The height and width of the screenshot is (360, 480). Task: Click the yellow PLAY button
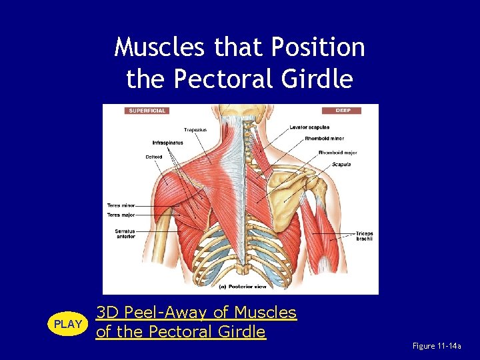coord(67,324)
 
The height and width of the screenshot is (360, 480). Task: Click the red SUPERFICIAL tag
coord(147,111)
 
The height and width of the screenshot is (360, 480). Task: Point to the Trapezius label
coord(195,129)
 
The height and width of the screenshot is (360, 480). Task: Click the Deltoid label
coord(153,157)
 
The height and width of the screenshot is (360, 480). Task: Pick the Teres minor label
coord(121,205)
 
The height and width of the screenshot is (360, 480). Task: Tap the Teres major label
coord(121,215)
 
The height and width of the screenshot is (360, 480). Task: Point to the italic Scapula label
coord(340,165)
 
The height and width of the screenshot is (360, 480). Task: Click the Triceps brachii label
coord(364,236)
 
